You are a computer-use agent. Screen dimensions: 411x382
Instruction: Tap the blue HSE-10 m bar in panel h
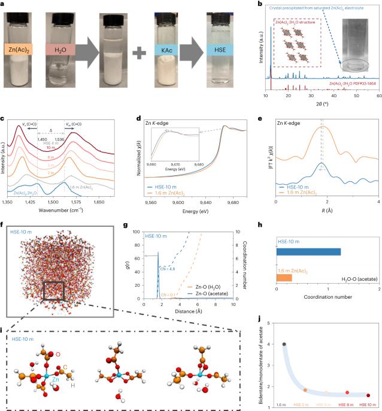pos(308,251)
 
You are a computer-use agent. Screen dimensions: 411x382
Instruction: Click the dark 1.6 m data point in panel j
pos(283,344)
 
